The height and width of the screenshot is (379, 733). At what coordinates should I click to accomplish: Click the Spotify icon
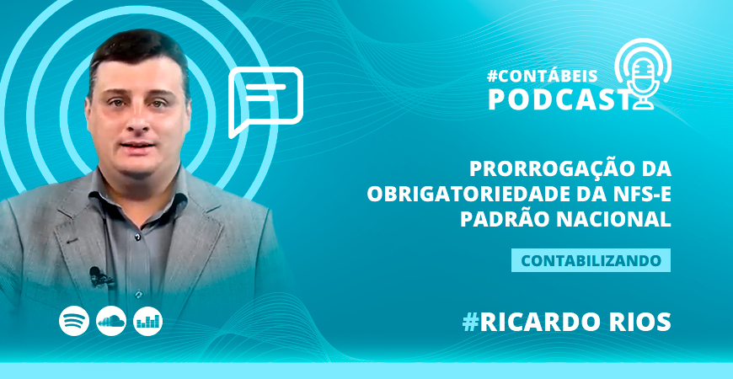pyautogui.click(x=74, y=320)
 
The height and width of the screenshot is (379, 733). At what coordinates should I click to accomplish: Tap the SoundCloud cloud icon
pyautogui.click(x=111, y=320)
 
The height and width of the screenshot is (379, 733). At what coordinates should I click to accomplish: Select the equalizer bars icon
pyautogui.click(x=148, y=320)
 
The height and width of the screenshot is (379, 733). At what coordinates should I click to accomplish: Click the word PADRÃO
pyautogui.click(x=506, y=219)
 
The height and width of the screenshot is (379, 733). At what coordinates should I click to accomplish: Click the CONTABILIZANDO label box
pyautogui.click(x=591, y=260)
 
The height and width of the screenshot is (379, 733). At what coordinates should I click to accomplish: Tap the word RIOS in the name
pyautogui.click(x=639, y=321)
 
